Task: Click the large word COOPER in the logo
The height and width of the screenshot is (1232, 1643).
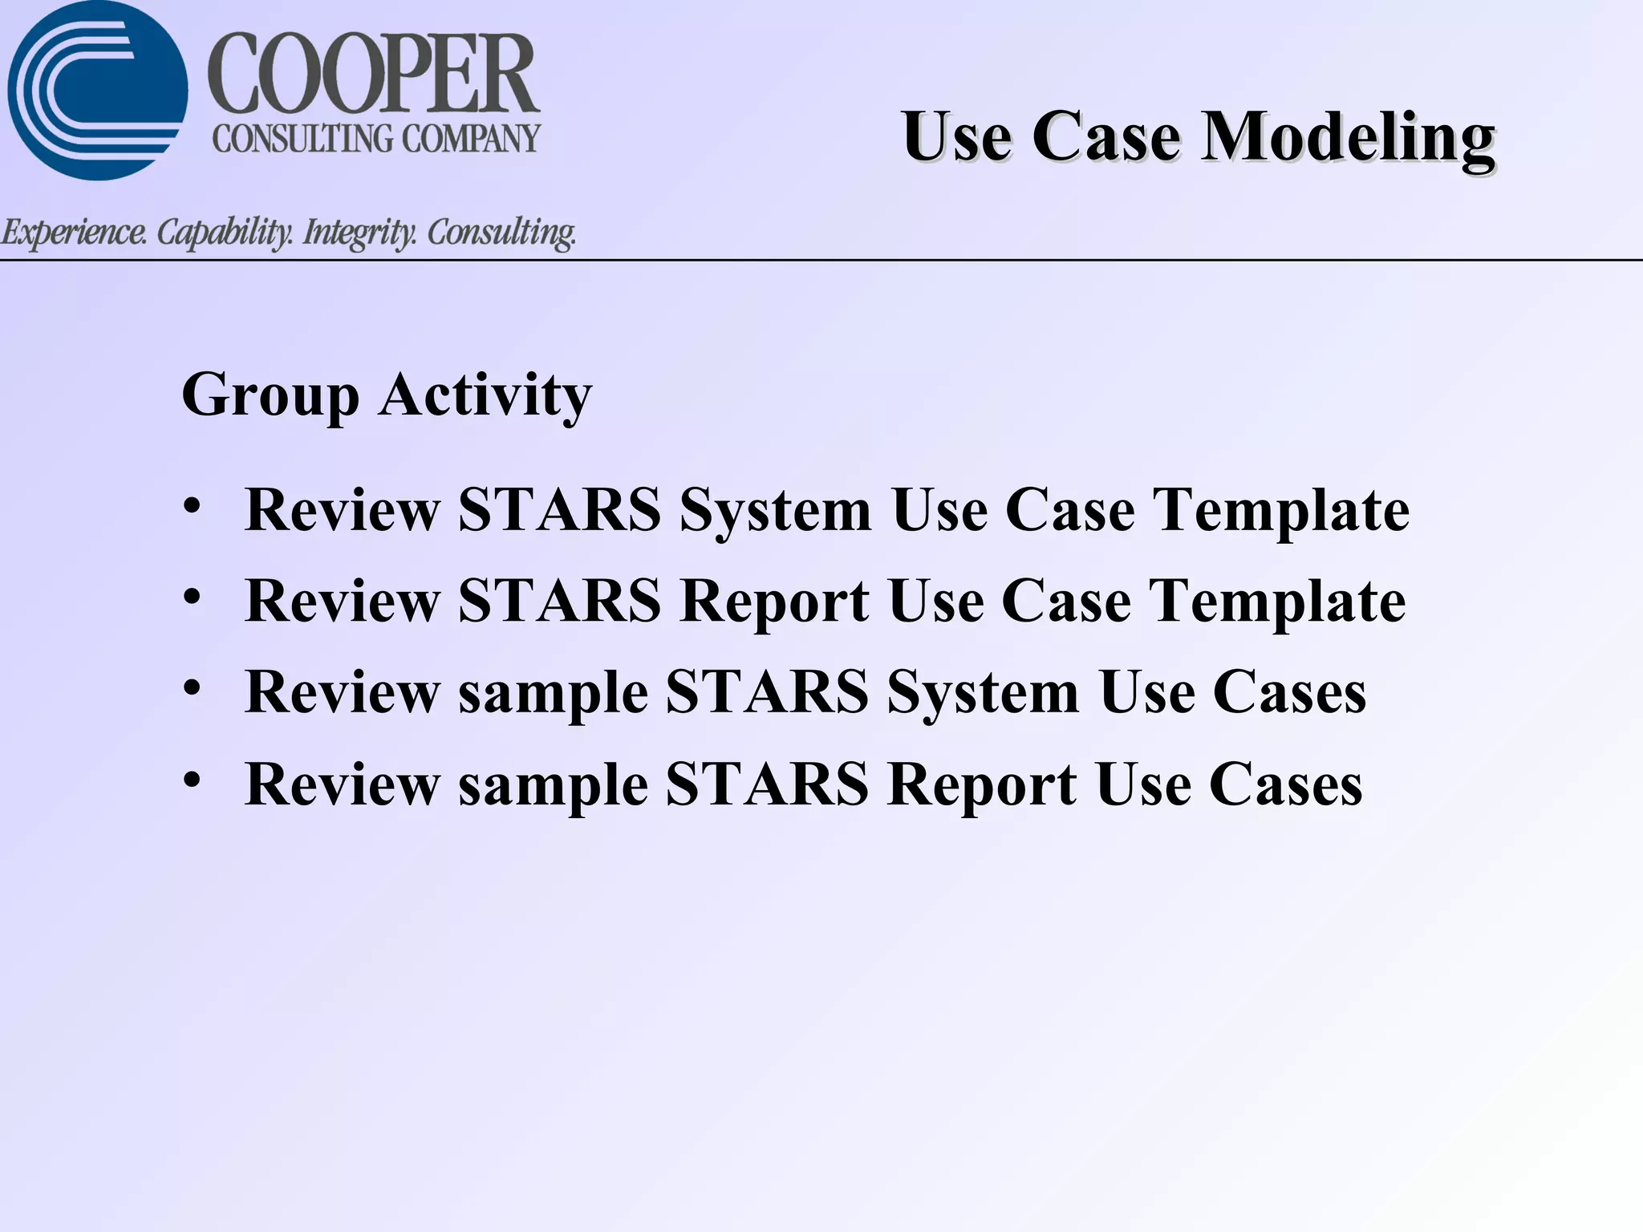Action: click(x=374, y=75)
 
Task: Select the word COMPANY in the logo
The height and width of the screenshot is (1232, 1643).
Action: click(x=471, y=139)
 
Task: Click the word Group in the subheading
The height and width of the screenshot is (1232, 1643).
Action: click(x=270, y=395)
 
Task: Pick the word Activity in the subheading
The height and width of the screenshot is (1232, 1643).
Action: click(x=485, y=395)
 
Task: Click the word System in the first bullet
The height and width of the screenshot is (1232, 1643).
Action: click(x=775, y=510)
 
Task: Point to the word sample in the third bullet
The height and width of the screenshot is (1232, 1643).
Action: click(x=553, y=692)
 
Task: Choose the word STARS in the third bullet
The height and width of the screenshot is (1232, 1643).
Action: click(x=767, y=692)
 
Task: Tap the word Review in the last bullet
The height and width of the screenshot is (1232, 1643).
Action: click(x=343, y=784)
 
